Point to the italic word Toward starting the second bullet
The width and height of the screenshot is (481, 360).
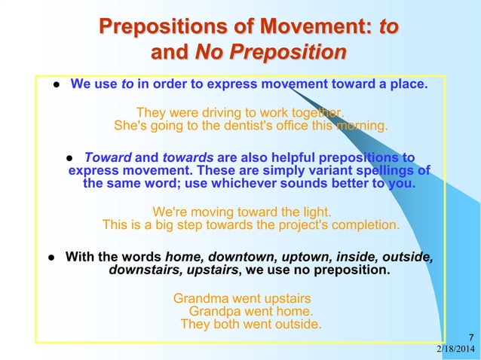point(108,158)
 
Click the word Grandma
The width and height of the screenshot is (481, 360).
point(201,297)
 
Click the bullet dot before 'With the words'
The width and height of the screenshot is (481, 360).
point(51,258)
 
